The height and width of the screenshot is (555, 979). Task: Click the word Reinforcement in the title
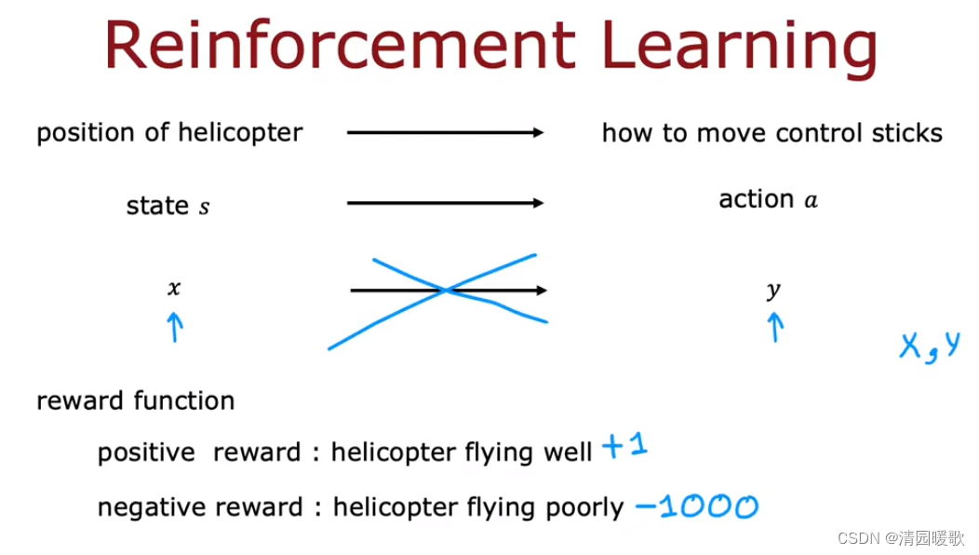(340, 45)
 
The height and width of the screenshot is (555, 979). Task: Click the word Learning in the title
(740, 48)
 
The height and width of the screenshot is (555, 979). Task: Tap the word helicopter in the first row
(240, 132)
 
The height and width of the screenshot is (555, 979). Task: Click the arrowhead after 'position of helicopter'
(538, 132)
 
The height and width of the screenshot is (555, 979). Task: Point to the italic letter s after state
(204, 207)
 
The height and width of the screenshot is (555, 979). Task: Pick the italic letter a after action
(811, 200)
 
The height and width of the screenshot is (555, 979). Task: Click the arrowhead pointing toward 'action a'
(538, 202)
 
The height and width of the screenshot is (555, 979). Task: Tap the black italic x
(174, 288)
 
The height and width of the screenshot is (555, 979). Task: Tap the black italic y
(773, 290)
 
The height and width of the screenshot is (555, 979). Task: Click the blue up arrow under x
(176, 327)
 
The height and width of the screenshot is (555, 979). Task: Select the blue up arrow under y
(775, 327)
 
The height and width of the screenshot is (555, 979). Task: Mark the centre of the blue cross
(445, 290)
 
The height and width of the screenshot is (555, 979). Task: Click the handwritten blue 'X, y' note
(930, 346)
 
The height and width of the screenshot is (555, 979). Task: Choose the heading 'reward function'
(136, 400)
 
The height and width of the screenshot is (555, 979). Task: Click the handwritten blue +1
(625, 446)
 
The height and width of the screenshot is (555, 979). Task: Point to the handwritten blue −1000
(697, 507)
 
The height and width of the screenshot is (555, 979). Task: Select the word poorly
(584, 508)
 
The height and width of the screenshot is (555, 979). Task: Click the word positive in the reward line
(146, 453)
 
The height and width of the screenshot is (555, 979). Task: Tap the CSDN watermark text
(901, 538)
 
